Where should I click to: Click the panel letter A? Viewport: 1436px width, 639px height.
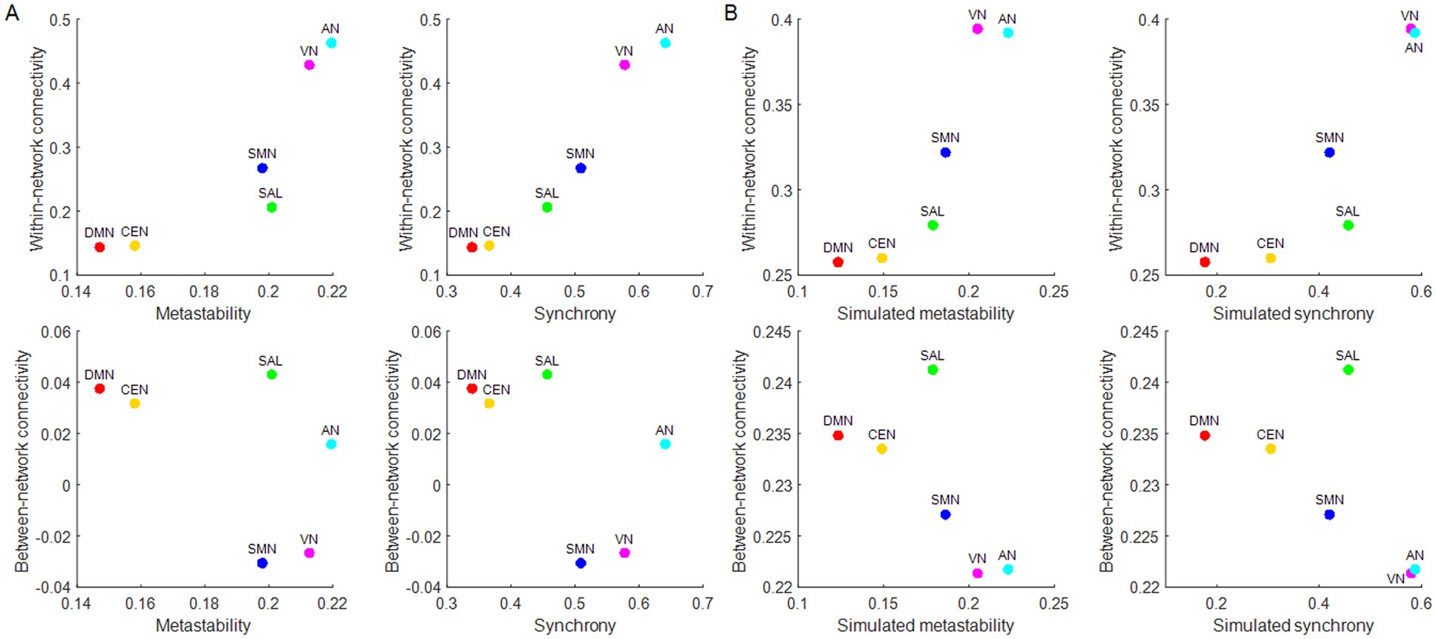12,13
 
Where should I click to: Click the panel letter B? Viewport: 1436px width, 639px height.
731,13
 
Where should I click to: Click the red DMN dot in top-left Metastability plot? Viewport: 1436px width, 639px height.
99,247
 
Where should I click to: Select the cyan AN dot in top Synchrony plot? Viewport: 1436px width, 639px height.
665,43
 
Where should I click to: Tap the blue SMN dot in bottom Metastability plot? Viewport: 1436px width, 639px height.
262,563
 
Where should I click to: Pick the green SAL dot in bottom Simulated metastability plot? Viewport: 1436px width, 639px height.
933,370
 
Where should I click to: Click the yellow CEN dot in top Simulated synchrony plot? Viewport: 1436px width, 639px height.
1270,258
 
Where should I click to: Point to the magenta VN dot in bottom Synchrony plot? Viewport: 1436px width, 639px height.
624,553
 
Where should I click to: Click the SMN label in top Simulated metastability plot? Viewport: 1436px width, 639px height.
945,138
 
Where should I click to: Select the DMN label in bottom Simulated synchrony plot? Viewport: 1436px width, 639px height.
1204,420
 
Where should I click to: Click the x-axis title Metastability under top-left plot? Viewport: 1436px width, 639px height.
203,313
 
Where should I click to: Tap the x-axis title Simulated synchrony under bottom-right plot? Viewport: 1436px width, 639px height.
1293,625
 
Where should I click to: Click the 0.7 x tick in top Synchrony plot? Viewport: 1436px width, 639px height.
702,291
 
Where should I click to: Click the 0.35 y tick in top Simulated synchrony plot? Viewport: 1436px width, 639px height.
1144,105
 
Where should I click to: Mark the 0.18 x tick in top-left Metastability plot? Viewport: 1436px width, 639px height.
204,291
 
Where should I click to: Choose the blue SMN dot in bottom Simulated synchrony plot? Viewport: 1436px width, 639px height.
1329,515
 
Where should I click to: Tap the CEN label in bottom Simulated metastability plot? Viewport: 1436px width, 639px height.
881,435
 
